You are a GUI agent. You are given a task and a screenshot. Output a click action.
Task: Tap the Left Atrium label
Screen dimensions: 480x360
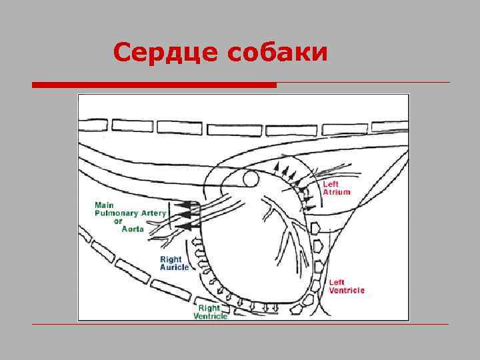(336, 188)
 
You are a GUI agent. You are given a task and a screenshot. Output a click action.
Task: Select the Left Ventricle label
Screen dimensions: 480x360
(346, 286)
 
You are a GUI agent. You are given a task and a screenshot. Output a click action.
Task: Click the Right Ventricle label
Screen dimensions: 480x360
(211, 312)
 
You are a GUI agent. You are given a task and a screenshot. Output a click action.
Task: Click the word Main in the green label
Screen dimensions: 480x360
(103, 205)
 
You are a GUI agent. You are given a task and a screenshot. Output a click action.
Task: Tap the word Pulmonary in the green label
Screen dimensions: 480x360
(116, 213)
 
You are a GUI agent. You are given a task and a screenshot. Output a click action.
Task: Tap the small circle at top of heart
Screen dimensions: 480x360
(251, 179)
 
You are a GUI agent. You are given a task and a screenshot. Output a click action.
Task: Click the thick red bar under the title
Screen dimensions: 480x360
(154, 85)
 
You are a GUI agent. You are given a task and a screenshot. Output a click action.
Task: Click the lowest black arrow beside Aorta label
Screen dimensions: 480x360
(191, 227)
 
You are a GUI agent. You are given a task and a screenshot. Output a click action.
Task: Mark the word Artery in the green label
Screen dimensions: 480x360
(155, 213)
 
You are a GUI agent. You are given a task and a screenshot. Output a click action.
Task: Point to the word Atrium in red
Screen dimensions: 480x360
(336, 192)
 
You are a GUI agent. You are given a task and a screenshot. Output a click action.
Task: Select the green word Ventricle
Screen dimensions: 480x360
(211, 316)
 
